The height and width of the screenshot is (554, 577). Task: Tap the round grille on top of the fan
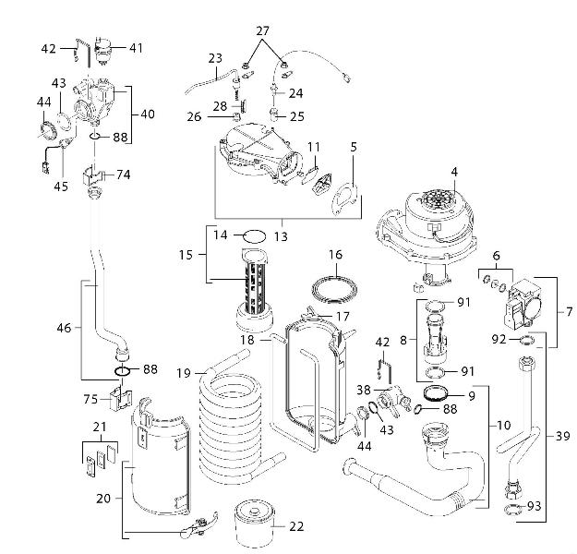point(441,203)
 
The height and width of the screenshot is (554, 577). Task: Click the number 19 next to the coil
point(185,373)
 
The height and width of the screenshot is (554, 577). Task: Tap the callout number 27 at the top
point(264,30)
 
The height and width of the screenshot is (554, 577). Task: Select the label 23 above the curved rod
point(215,58)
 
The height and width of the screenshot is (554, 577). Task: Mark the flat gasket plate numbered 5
point(345,196)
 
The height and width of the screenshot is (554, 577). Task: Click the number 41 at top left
point(137,47)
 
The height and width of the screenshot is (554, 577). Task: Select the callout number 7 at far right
point(569,312)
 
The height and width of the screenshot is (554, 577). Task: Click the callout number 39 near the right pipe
point(562,435)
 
